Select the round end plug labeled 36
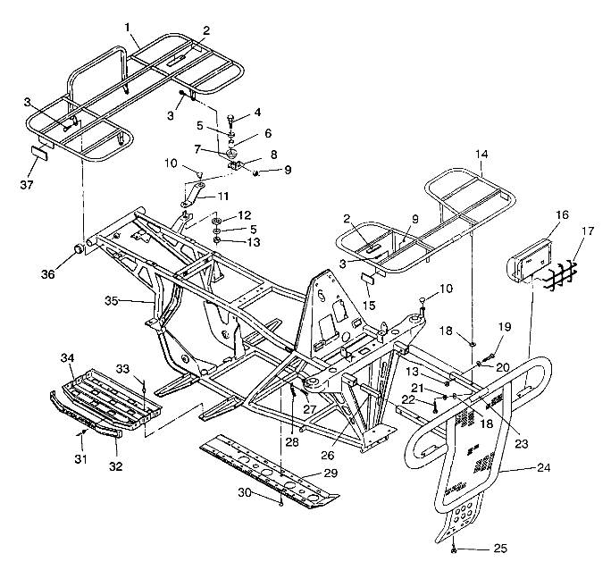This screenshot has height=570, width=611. (78, 247)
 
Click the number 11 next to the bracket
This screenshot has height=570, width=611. (223, 196)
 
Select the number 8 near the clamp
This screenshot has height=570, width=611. (274, 154)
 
